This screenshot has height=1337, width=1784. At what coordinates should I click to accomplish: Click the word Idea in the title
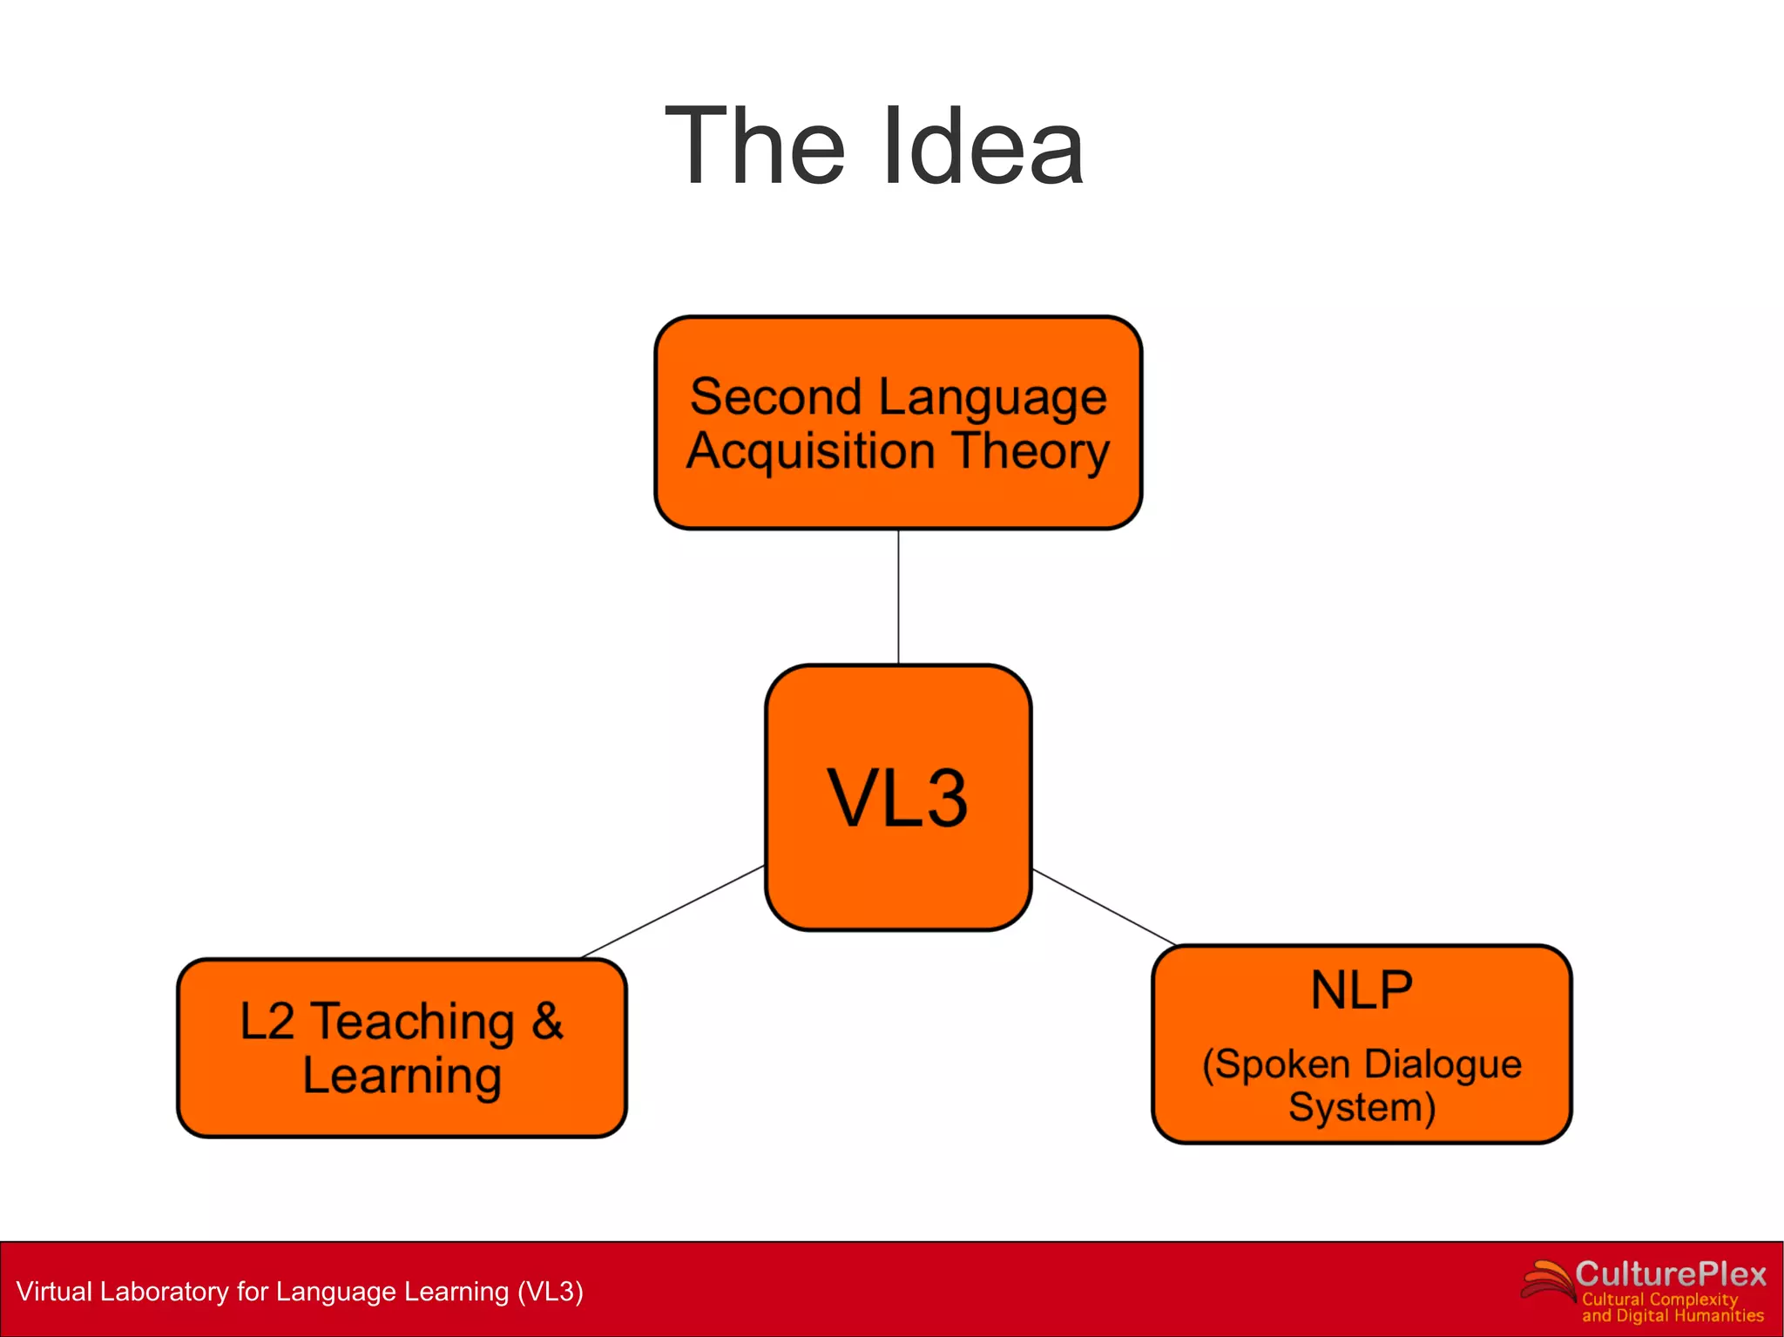click(x=983, y=146)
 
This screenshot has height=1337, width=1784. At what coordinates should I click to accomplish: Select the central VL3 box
click(x=898, y=797)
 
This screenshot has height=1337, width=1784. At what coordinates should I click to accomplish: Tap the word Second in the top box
click(x=776, y=397)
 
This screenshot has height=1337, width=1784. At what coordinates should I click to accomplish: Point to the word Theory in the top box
click(x=1031, y=451)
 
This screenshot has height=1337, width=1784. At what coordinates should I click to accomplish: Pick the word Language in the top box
click(x=992, y=399)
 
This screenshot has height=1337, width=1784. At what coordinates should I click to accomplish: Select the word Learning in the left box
click(x=402, y=1076)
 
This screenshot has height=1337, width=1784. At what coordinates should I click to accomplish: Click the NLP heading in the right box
click(x=1362, y=990)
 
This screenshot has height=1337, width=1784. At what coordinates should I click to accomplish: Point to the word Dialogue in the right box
click(x=1443, y=1064)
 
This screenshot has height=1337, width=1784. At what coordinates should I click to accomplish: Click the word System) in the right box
click(x=1362, y=1107)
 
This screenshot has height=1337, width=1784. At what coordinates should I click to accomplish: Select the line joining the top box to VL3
click(x=898, y=597)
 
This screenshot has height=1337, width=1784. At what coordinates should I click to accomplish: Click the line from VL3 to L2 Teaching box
click(x=673, y=912)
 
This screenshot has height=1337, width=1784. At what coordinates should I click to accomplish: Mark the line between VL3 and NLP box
click(x=1104, y=907)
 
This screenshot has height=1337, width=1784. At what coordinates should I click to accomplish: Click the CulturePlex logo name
click(x=1670, y=1274)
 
